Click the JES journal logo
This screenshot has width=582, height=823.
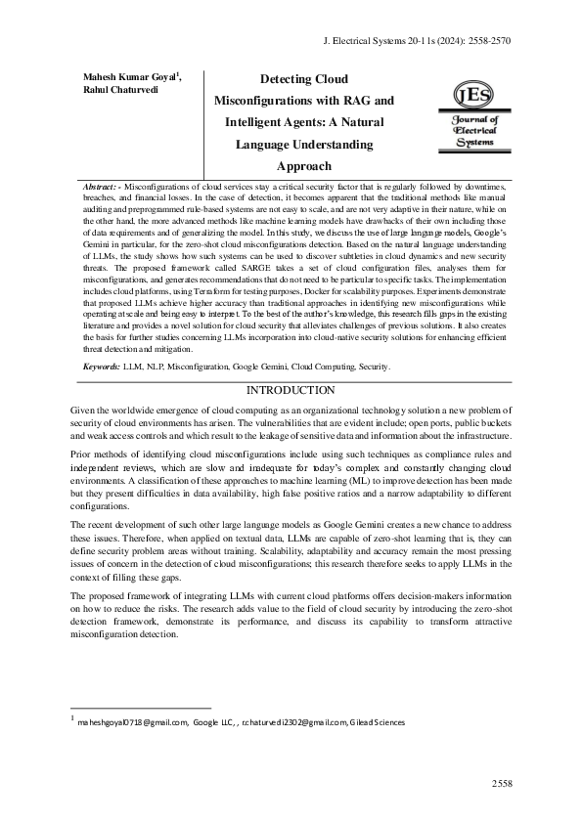[x=475, y=114]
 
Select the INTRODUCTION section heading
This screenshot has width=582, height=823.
[x=291, y=390]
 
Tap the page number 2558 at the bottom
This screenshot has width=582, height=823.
[x=502, y=783]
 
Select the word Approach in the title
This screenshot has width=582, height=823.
[x=304, y=166]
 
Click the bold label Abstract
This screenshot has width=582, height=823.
[x=102, y=186]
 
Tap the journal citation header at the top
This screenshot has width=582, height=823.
[x=417, y=42]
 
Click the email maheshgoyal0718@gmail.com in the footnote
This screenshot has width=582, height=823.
[x=131, y=722]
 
